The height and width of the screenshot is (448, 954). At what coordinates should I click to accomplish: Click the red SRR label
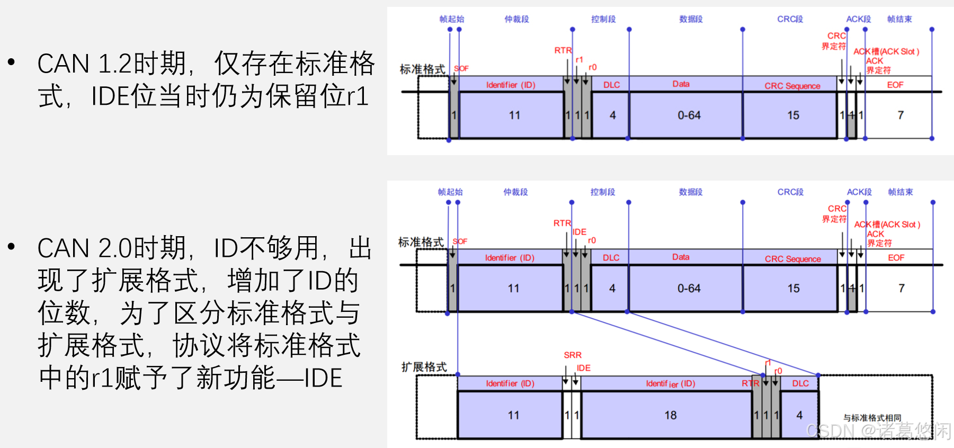coord(573,355)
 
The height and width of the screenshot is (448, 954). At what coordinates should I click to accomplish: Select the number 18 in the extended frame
coord(671,415)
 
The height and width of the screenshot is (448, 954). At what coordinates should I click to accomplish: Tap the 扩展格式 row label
coord(424,367)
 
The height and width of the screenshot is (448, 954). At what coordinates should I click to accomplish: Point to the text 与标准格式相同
coord(872,418)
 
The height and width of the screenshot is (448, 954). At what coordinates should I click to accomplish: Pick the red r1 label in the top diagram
coord(579,60)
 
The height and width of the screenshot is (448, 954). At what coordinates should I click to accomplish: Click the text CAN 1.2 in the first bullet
coord(84,64)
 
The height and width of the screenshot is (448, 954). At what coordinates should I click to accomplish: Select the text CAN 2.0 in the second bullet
coord(84,248)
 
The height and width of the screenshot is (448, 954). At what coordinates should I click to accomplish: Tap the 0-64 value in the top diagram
coord(689,115)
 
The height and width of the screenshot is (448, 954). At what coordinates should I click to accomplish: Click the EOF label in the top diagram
coord(895,85)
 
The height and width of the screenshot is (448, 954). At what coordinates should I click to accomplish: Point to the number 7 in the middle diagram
coord(902,289)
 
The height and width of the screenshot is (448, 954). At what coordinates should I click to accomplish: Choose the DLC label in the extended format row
coord(800,383)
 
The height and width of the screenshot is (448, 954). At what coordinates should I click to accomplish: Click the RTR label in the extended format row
coord(751,383)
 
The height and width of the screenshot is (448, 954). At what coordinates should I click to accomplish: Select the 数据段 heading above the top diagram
coord(691,19)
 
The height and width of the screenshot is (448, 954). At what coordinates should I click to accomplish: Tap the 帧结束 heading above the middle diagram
coord(900,192)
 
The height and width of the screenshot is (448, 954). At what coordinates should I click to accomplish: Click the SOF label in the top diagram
coord(461,68)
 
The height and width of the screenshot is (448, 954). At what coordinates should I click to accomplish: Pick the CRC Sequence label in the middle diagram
coord(792,259)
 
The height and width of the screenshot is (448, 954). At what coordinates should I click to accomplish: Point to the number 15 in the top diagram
coord(793,115)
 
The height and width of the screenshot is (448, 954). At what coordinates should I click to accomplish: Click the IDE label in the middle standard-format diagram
coord(579,232)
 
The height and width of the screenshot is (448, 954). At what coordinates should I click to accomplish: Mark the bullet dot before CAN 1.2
coord(12,62)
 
